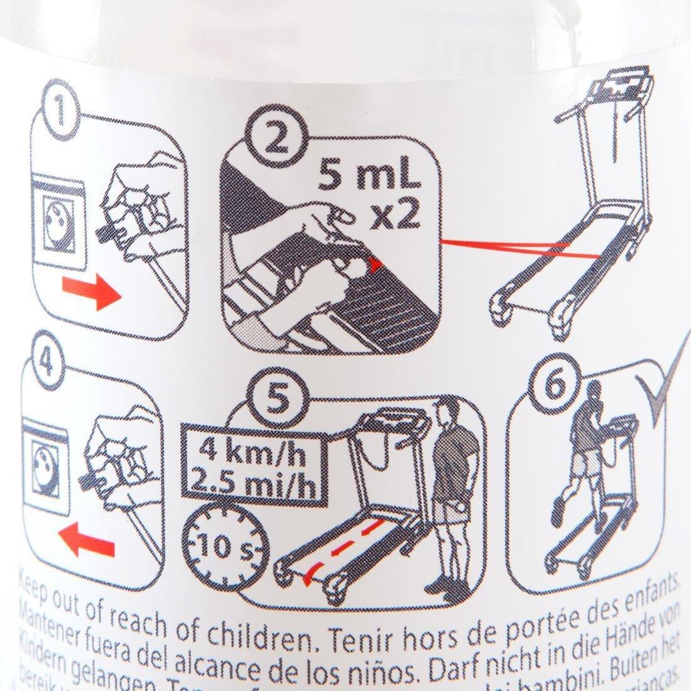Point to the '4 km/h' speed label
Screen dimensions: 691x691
point(254,450)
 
